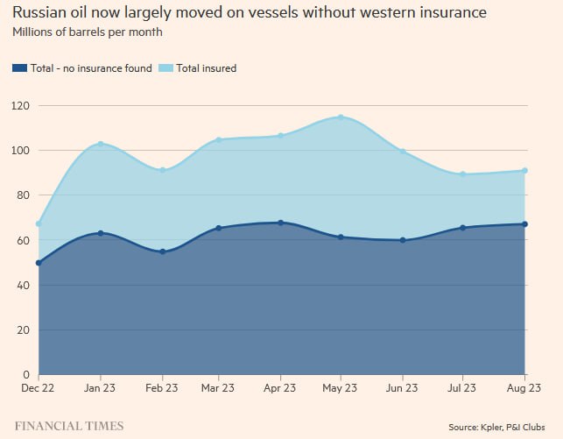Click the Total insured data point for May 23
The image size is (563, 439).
(340, 117)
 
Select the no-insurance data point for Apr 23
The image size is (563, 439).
(280, 223)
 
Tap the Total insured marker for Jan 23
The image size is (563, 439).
(101, 144)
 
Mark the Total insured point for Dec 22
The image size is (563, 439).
(39, 223)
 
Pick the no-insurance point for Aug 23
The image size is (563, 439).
(524, 224)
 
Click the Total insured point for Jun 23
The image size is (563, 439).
(403, 152)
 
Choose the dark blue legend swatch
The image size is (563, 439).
(19, 67)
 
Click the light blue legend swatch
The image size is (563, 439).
(165, 67)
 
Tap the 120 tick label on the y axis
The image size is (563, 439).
(20, 106)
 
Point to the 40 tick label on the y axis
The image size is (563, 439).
(23, 285)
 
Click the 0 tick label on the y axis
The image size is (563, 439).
(26, 374)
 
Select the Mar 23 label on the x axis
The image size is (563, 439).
(217, 387)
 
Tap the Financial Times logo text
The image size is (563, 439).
(68, 426)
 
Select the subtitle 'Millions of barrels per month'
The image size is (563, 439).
(87, 32)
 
